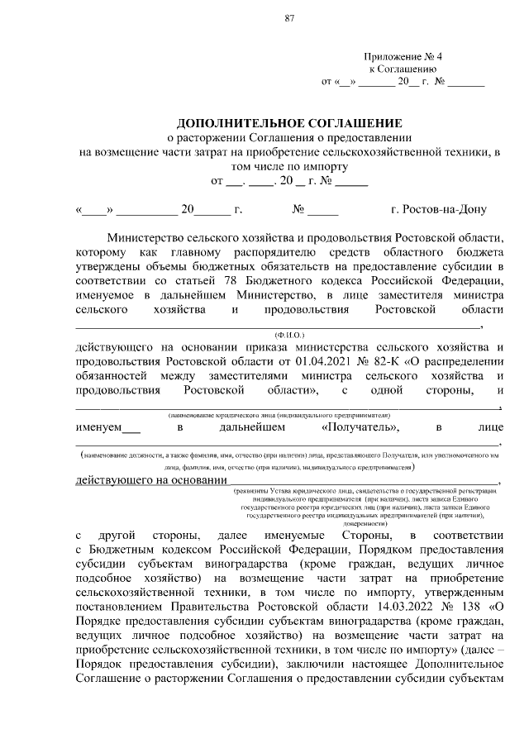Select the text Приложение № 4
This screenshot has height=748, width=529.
[x=403, y=57]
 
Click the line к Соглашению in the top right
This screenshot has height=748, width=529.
[x=403, y=69]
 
